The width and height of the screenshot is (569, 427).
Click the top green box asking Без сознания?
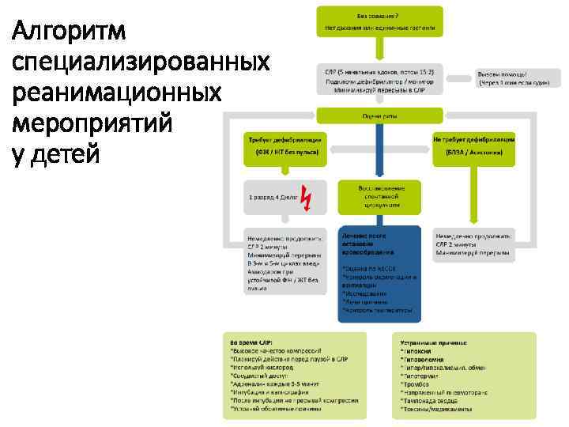click(379, 22)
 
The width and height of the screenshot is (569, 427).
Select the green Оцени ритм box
click(379, 115)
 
